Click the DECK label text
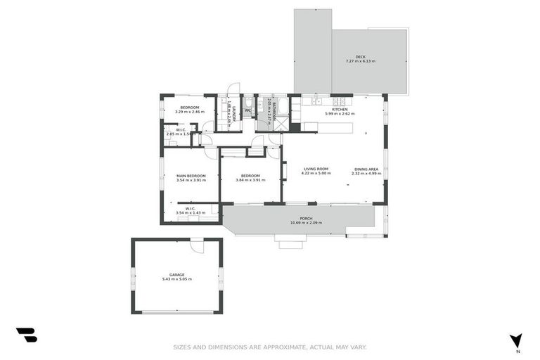(x=360, y=56)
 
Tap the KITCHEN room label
(x=339, y=109)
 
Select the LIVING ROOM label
(x=316, y=169)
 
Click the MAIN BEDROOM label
(x=191, y=175)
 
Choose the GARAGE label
(x=176, y=274)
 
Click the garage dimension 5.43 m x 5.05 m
(x=176, y=279)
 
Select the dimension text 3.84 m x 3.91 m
(x=251, y=180)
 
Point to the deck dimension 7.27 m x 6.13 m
(x=360, y=61)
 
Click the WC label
(x=247, y=110)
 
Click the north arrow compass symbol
(x=517, y=340)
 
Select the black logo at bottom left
(x=27, y=335)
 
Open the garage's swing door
(x=198, y=246)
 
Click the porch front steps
(x=290, y=243)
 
